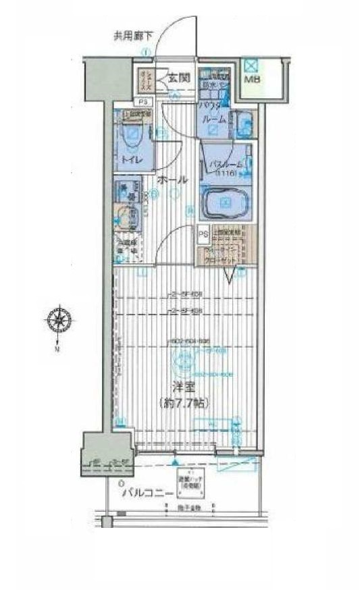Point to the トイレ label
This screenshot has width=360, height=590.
(131, 159)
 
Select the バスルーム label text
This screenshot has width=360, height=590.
(223, 164)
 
